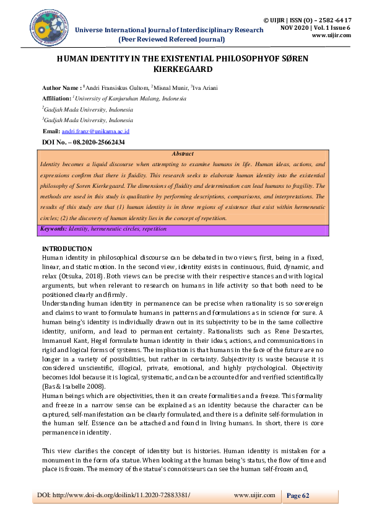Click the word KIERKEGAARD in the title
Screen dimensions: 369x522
click(184, 71)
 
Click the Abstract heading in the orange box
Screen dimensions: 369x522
click(182, 154)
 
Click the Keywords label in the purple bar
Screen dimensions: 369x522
click(54, 229)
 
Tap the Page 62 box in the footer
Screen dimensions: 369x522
click(297, 495)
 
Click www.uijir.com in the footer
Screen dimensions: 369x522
click(254, 495)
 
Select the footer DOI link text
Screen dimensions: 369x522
click(111, 495)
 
